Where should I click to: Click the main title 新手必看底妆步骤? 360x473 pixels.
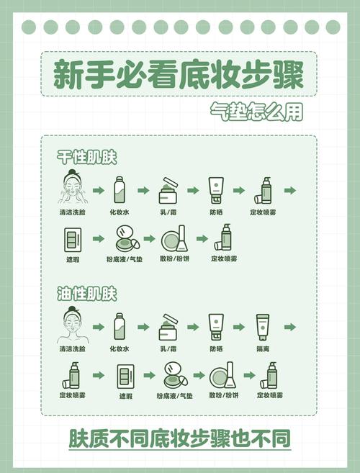(178, 75)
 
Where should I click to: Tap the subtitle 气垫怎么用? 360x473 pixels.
(256, 113)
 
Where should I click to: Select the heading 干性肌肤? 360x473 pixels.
(87, 156)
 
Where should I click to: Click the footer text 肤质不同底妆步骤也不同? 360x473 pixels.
(180, 438)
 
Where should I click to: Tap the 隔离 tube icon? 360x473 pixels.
(264, 327)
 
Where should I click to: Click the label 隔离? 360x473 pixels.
(264, 349)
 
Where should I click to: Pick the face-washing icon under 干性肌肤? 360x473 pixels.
(73, 189)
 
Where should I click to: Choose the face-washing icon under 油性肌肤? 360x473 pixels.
(73, 326)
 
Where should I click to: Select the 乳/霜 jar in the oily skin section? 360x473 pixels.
(168, 327)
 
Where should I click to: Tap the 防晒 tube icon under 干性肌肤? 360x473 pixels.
(216, 190)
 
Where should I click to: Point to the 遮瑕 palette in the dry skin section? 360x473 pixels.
(73, 238)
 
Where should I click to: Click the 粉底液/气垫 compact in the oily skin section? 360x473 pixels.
(174, 375)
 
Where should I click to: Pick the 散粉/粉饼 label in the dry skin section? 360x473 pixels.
(175, 258)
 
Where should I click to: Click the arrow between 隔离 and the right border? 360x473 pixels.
(289, 327)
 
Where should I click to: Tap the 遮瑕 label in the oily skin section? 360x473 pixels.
(126, 396)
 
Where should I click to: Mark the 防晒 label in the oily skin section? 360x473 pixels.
(216, 349)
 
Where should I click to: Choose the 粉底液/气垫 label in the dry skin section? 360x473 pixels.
(125, 258)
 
